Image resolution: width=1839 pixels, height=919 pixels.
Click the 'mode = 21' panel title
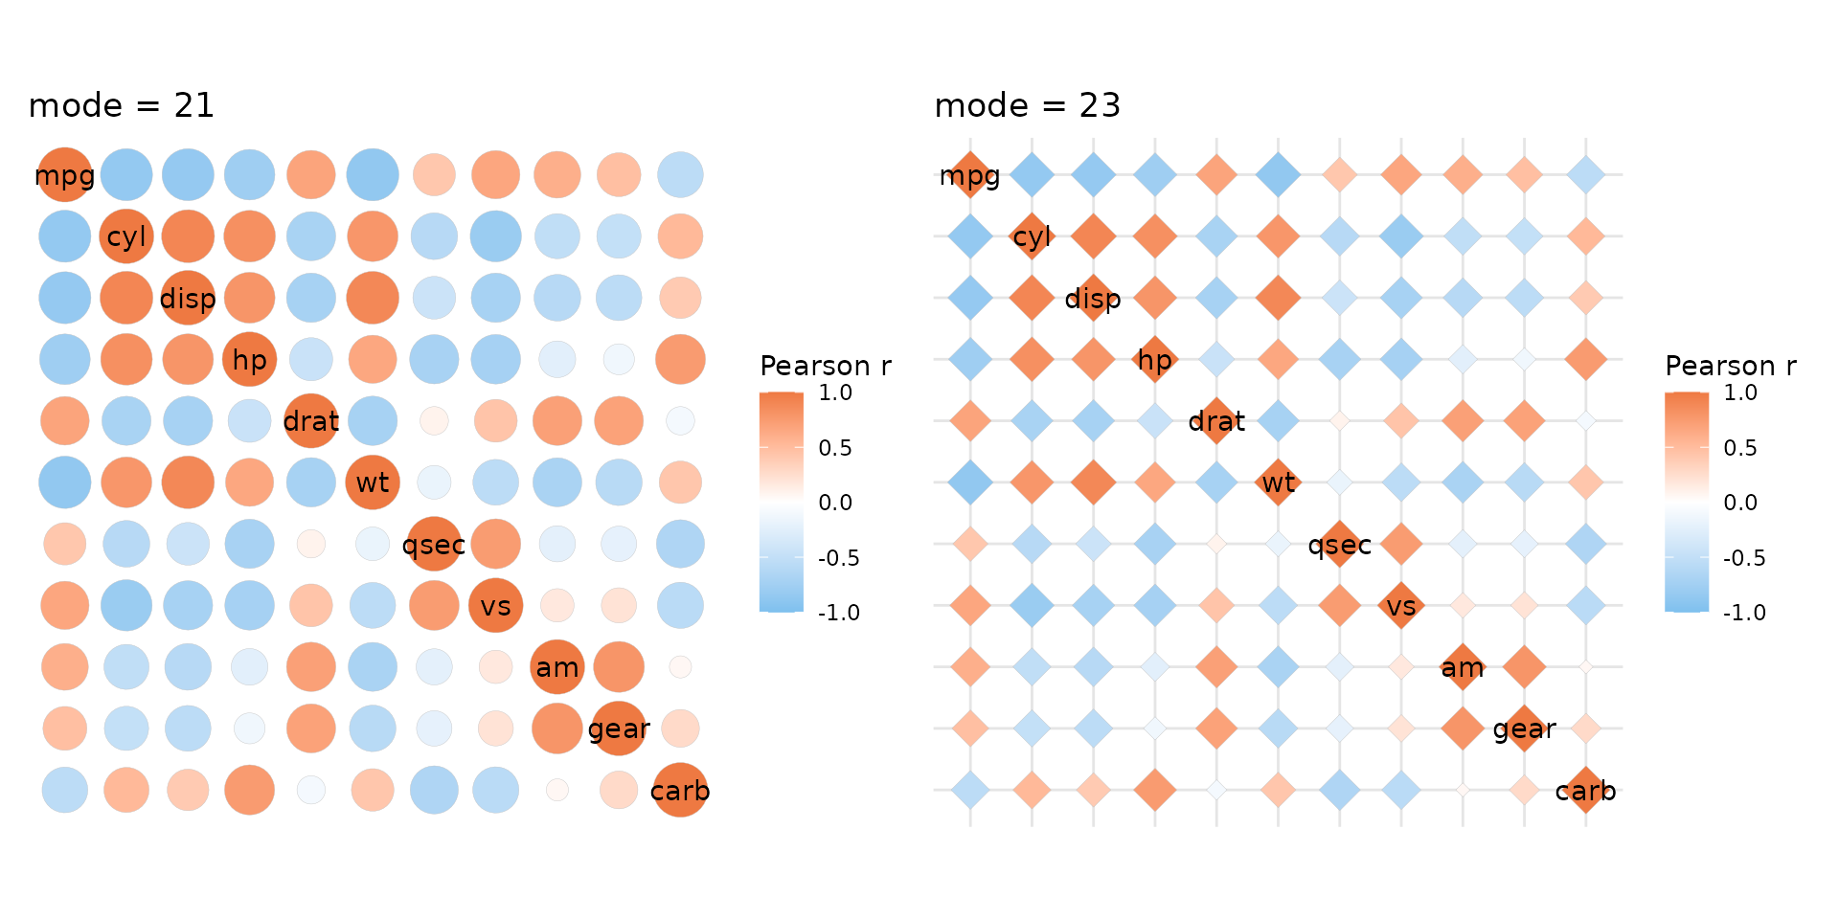click(122, 105)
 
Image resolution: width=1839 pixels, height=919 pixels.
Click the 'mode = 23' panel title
click(1027, 105)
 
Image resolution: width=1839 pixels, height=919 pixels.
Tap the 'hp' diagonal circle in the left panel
click(249, 360)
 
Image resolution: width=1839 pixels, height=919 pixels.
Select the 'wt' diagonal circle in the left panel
click(373, 482)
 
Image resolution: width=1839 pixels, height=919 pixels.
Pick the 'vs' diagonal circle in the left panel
click(495, 606)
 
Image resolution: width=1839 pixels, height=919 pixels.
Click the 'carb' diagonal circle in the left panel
click(680, 791)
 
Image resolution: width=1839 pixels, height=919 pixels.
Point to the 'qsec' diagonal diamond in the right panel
click(1340, 545)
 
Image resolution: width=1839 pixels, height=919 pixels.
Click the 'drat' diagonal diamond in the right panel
click(1216, 421)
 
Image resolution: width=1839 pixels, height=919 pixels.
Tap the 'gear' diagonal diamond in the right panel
click(1524, 728)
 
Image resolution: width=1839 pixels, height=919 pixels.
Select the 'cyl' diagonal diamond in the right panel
click(1032, 236)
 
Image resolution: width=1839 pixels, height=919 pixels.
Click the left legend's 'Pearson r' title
click(825, 366)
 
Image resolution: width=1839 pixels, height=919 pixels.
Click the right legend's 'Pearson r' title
click(1730, 366)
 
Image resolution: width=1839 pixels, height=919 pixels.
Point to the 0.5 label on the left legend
click(835, 448)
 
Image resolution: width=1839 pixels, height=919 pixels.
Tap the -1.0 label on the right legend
click(1744, 613)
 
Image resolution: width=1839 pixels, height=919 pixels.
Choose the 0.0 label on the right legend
click(1740, 503)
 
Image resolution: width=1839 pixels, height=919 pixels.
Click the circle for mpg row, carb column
click(680, 175)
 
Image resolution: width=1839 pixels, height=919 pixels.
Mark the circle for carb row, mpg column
click(65, 791)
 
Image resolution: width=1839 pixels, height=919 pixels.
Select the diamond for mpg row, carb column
click(1586, 175)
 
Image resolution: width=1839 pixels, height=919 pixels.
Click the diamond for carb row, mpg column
click(970, 791)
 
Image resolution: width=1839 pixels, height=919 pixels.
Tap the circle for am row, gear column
click(619, 667)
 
